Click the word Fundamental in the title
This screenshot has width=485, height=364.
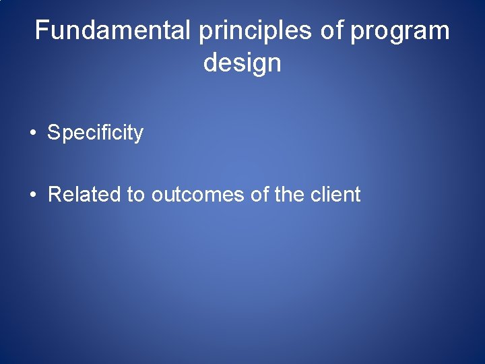click(113, 31)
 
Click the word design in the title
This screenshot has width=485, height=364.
click(242, 63)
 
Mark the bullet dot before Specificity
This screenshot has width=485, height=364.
click(33, 133)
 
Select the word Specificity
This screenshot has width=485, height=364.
click(95, 133)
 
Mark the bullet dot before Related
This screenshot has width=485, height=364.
click(33, 195)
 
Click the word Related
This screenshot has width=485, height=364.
click(85, 195)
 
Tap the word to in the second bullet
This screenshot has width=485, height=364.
click(135, 195)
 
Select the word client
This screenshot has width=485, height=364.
click(335, 195)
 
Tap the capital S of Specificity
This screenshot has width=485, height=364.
click(53, 133)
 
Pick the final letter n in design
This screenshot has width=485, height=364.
click(273, 64)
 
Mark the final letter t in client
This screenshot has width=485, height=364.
click(358, 195)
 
